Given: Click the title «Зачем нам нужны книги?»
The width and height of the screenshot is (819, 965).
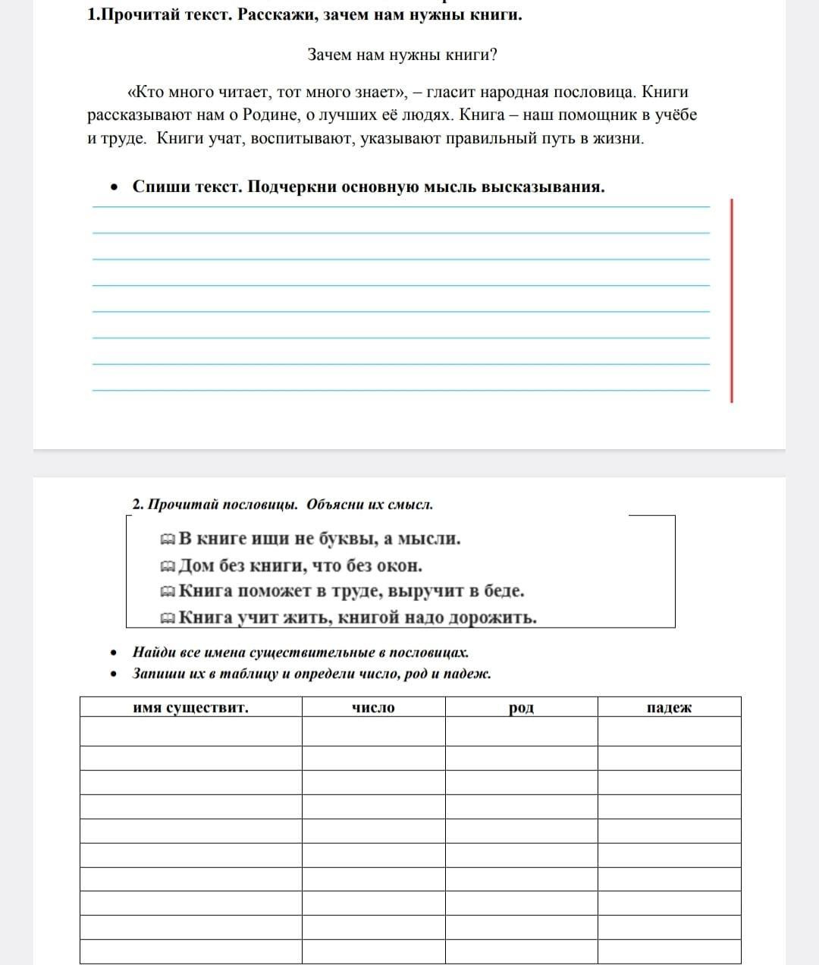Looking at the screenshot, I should coord(402,55).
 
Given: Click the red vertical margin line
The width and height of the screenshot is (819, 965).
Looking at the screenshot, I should coord(732,300).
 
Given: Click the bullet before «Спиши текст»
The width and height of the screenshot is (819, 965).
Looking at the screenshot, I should coord(113,187).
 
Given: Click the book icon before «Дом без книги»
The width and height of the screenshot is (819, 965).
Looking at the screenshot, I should coord(168,567).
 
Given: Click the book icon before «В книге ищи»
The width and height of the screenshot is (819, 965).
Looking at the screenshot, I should coord(168,540).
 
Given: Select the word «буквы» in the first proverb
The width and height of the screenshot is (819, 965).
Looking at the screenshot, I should coord(344,539).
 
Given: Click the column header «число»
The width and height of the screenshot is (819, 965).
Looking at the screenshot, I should coord(373,708).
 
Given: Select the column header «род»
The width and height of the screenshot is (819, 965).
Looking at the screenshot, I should coord(521,708).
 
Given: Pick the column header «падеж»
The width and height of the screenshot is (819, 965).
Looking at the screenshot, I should coord(669,708).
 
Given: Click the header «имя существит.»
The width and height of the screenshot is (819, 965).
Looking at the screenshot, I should coord(190,708).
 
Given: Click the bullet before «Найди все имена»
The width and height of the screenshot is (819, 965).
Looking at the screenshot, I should coord(113,652).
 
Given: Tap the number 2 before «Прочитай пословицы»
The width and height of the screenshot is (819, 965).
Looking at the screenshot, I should coord(136,505).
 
